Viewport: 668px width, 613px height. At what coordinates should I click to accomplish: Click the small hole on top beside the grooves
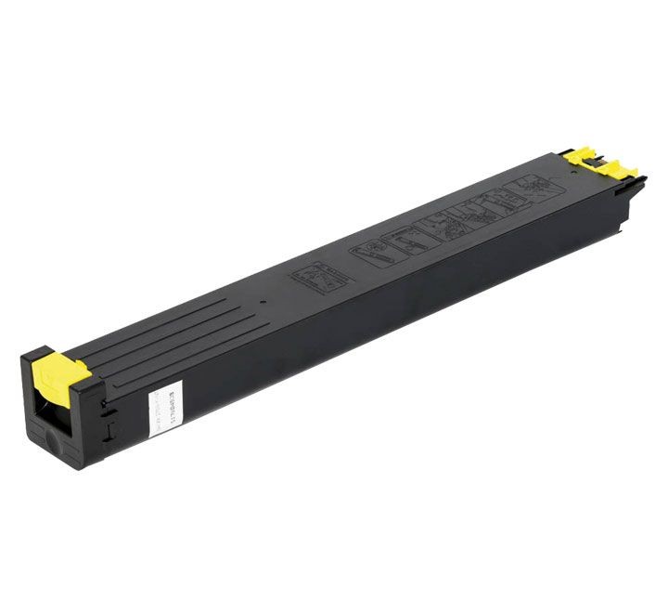(x=263, y=302)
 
